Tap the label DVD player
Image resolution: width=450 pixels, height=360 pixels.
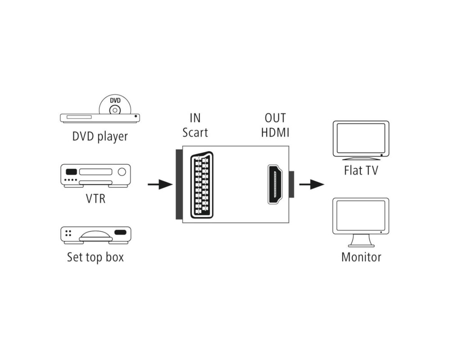(100, 136)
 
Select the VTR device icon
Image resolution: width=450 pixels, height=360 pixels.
(95, 175)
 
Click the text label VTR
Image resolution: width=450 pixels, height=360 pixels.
(95, 198)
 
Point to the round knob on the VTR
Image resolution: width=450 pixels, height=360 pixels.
(121, 172)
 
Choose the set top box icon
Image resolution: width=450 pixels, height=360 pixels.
(95, 235)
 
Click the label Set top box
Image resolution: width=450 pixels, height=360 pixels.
(95, 257)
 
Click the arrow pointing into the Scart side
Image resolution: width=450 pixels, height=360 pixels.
(160, 184)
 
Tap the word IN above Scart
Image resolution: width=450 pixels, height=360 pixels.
(195, 118)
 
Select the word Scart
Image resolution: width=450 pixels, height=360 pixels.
(195, 133)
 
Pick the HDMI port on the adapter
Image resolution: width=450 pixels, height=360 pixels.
(275, 184)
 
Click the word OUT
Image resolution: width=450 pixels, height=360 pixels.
(275, 118)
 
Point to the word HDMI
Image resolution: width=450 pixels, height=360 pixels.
(275, 133)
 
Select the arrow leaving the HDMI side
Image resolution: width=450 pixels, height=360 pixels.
(311, 184)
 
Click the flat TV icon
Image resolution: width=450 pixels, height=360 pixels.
(360, 139)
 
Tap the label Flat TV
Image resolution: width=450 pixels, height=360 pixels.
(360, 171)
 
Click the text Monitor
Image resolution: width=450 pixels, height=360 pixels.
(361, 257)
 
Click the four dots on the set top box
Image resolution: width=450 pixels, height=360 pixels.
(69, 234)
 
